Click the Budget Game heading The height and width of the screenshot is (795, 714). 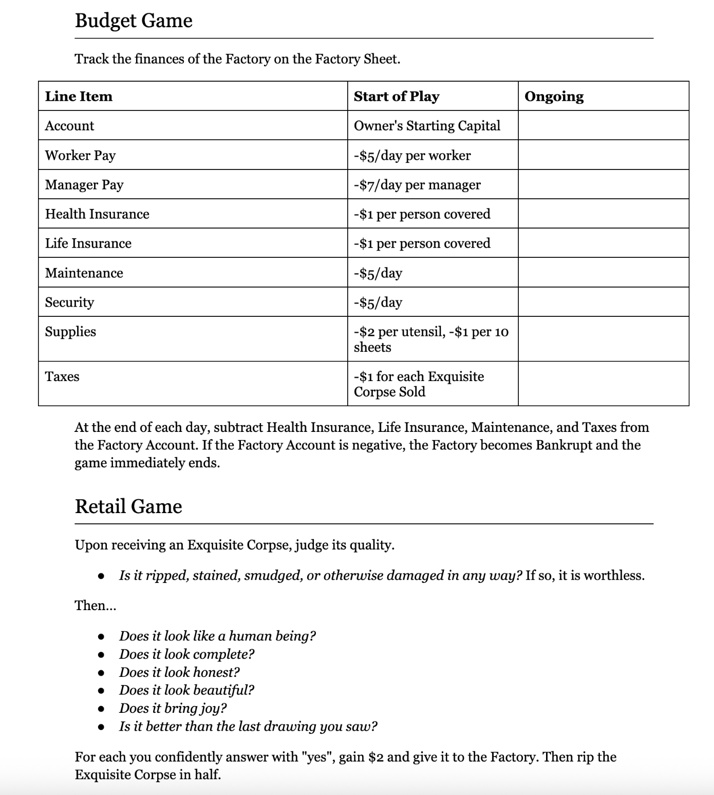click(134, 21)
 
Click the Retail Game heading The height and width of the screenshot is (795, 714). click(128, 506)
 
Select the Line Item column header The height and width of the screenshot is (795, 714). click(79, 96)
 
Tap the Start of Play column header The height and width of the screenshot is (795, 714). click(397, 96)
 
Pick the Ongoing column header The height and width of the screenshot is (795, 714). click(554, 96)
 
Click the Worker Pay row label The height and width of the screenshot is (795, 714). click(80, 155)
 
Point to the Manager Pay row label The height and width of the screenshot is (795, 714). click(84, 184)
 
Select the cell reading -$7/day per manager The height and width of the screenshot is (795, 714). click(417, 184)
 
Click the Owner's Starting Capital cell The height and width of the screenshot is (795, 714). click(427, 126)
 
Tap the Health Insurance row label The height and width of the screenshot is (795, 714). click(97, 214)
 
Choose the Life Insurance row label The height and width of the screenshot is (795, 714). click(88, 243)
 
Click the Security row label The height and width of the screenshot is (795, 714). click(69, 302)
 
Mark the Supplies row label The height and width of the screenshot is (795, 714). click(70, 331)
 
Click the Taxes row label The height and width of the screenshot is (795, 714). click(62, 376)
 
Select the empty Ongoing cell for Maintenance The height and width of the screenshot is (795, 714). click(603, 272)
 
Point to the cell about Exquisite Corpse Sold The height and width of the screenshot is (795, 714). click(419, 384)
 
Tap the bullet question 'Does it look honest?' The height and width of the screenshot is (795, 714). click(179, 672)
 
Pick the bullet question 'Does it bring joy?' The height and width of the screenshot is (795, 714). click(173, 708)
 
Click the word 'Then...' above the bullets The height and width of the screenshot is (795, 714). click(96, 605)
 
